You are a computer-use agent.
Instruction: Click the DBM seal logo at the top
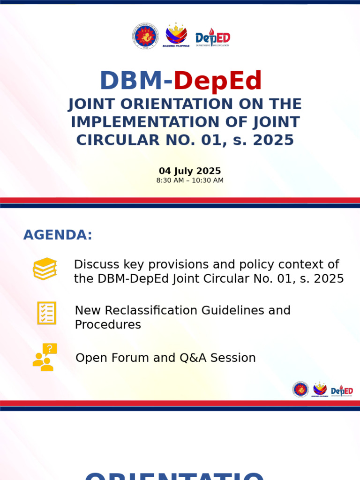pyautogui.click(x=146, y=37)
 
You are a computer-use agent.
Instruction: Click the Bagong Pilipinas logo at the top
pyautogui.click(x=176, y=36)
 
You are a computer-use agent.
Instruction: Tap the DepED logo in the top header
pyautogui.click(x=213, y=37)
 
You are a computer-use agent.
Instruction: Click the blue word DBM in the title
pyautogui.click(x=130, y=81)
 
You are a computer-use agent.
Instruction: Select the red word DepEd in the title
pyautogui.click(x=217, y=81)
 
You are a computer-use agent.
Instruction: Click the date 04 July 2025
pyautogui.click(x=190, y=171)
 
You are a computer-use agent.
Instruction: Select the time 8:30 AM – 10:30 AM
pyautogui.click(x=190, y=180)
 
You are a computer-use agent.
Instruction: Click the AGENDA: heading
pyautogui.click(x=58, y=235)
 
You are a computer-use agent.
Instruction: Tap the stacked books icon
pyautogui.click(x=45, y=269)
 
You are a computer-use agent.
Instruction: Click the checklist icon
pyautogui.click(x=46, y=313)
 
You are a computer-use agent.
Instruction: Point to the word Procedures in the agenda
pyautogui.click(x=108, y=324)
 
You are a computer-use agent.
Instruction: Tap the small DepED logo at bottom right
pyautogui.click(x=342, y=390)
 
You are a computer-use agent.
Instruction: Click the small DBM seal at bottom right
pyautogui.click(x=300, y=390)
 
